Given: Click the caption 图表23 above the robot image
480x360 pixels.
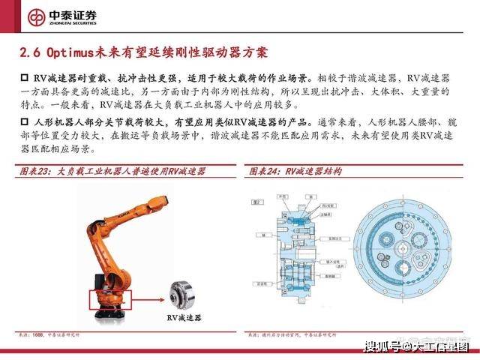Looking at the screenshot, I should click(x=37, y=172).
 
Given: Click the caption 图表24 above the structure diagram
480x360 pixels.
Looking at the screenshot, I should click(x=266, y=172).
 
